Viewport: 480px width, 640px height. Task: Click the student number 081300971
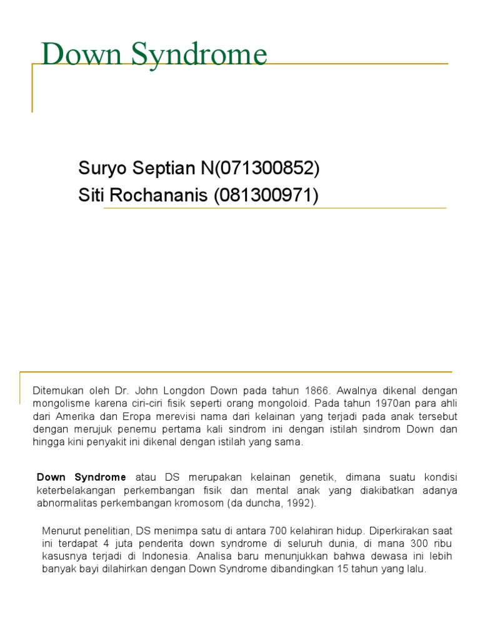265,196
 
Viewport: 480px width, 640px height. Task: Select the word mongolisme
61,403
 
